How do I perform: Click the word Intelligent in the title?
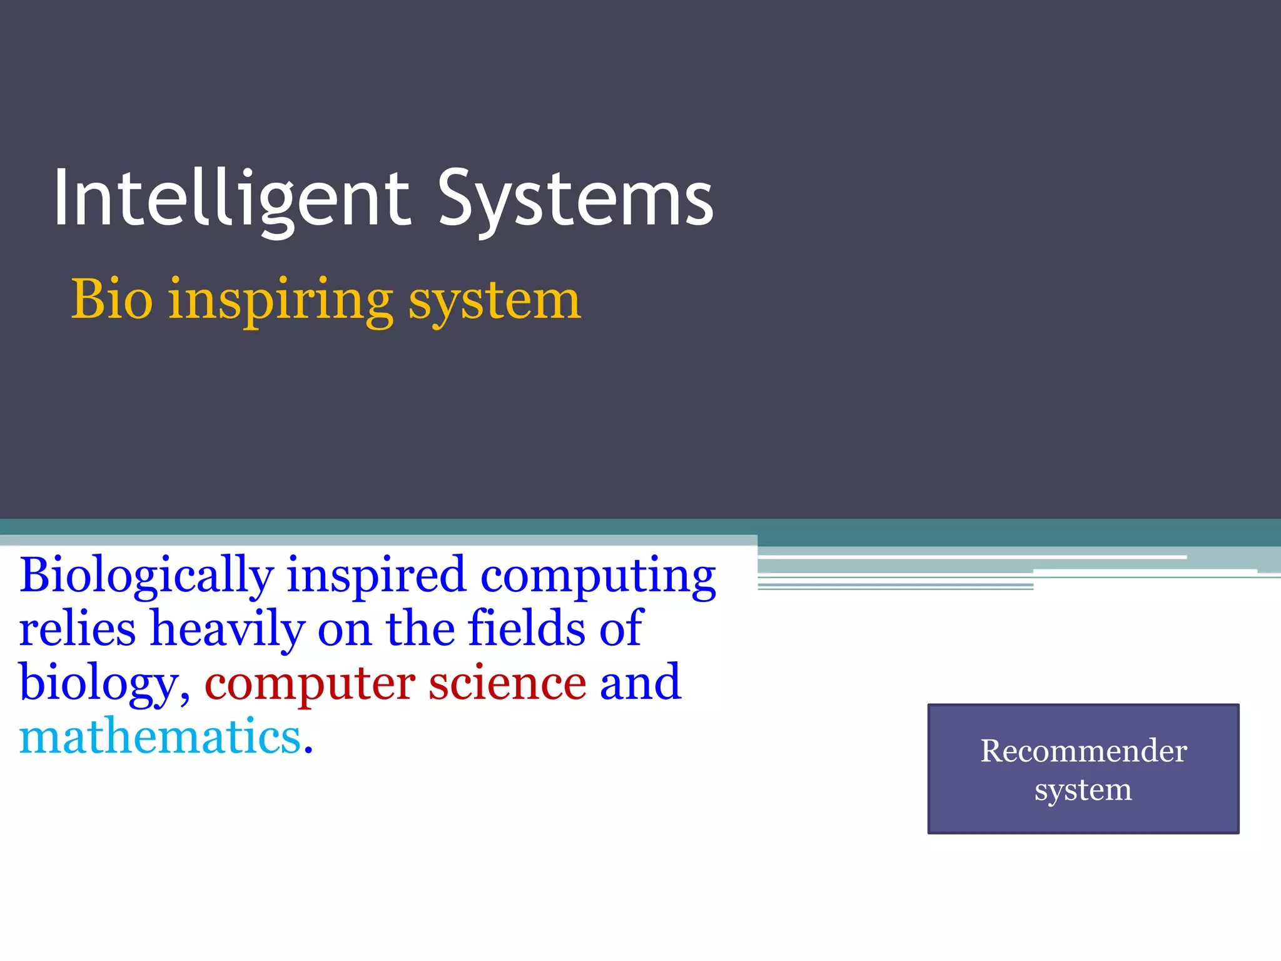click(231, 199)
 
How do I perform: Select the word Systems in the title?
click(575, 199)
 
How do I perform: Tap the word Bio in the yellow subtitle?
click(112, 300)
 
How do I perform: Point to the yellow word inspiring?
click(281, 302)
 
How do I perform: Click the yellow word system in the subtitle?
click(495, 302)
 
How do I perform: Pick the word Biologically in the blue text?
click(146, 576)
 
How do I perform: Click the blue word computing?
click(598, 576)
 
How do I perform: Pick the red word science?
click(507, 683)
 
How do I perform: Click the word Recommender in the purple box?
click(1083, 751)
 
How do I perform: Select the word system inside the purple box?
click(1083, 790)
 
